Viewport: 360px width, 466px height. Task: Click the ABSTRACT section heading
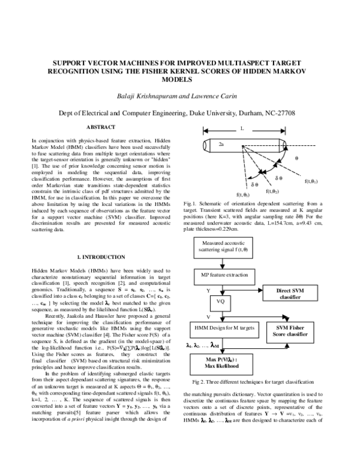click(101, 127)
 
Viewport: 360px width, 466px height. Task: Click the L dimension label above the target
click(242, 129)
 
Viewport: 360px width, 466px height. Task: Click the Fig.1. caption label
click(190, 205)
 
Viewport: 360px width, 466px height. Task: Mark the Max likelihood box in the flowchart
click(221, 363)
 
